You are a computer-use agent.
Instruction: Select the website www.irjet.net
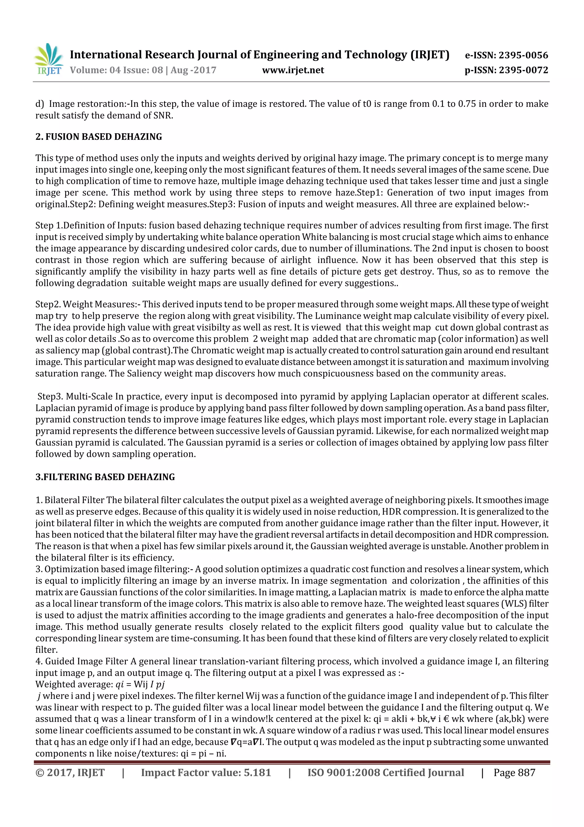click(x=293, y=70)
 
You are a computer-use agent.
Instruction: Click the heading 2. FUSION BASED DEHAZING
click(x=99, y=137)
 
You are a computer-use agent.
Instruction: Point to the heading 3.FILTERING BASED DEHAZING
click(x=105, y=477)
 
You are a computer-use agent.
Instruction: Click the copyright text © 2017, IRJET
click(x=70, y=772)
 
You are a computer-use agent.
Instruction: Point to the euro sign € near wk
click(x=447, y=719)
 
